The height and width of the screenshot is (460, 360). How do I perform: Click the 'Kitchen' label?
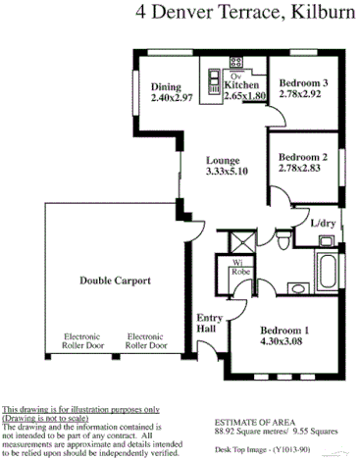pos(241,86)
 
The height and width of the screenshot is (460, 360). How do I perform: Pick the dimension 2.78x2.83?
pos(301,169)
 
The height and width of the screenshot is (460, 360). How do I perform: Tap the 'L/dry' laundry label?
pos(324,224)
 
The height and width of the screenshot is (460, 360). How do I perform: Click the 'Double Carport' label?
pos(116,281)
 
